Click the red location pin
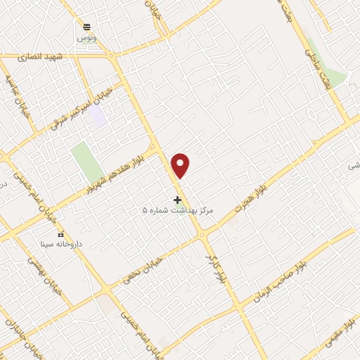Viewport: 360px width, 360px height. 181,165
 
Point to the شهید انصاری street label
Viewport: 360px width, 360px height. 62,56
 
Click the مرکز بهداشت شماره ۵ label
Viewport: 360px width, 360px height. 177,210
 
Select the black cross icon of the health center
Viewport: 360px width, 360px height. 177,200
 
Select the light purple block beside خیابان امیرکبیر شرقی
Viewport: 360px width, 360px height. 98,115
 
